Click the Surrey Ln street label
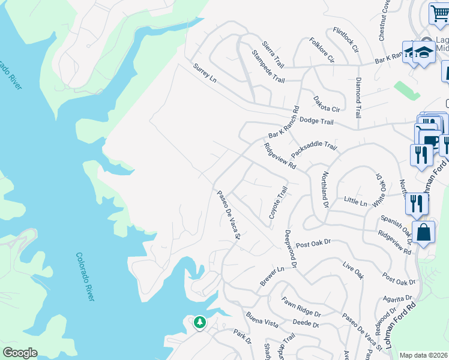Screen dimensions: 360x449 pos(204,73)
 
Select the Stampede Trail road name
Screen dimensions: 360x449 pos(268,70)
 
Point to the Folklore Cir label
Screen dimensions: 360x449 pos(322,50)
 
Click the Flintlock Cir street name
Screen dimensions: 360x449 pos(346,40)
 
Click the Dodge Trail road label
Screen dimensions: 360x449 pos(316,121)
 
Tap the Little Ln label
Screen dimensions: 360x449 pos(355,202)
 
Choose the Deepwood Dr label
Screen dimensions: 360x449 pos(290,248)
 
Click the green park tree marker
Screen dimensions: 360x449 pos(199,323)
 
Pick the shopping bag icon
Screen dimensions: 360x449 pos(424,233)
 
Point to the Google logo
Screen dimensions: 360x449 pos(20,353)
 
